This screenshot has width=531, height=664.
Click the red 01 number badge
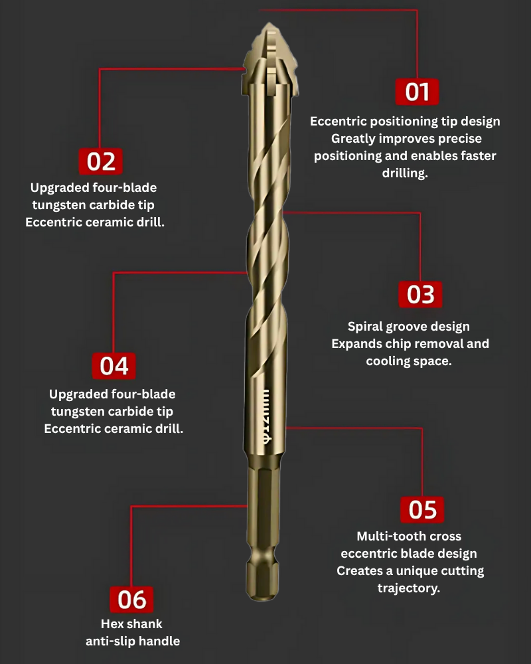coord(417,92)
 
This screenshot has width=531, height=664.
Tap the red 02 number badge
coord(101,161)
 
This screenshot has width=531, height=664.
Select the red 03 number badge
coord(420,294)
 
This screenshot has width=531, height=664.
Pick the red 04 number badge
coord(114,365)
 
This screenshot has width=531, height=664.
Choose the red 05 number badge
coord(422,509)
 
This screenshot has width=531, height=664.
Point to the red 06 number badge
coord(131,599)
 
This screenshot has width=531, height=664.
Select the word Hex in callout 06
coord(112,623)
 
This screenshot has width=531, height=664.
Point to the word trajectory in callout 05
coord(409,588)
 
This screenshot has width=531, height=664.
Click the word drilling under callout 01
coord(405,173)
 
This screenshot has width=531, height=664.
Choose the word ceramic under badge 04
coord(128,428)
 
